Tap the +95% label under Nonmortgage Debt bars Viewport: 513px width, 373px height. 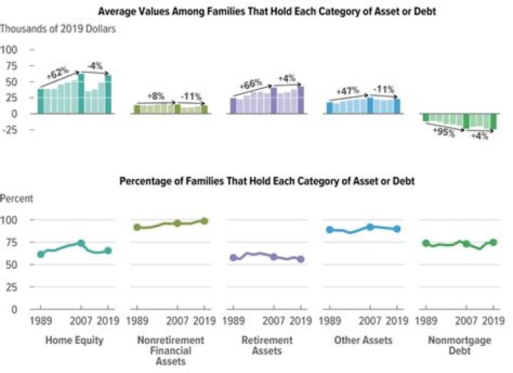pos(444,133)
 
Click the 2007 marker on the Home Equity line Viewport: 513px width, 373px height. pos(81,243)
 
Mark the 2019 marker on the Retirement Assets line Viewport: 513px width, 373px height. pos(300,260)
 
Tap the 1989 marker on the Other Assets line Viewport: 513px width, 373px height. pos(328,230)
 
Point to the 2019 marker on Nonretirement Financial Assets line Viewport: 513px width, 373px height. pos(204,221)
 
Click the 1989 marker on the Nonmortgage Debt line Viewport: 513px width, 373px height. pos(425,243)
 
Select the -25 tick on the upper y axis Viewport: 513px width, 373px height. pos(10,129)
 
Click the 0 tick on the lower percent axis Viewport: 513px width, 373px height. pos(14,309)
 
